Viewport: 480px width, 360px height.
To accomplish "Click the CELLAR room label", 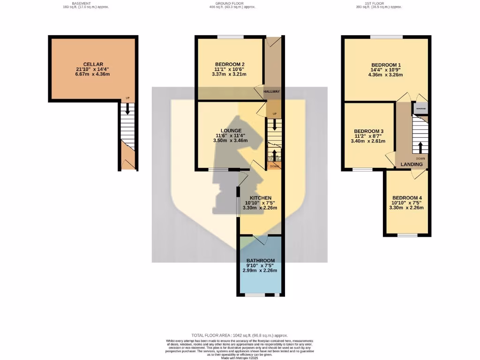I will [93, 64].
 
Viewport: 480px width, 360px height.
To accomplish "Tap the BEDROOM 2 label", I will [230, 64].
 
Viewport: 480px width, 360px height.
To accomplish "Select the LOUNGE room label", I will [231, 130].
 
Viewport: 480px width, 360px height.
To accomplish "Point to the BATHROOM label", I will [261, 261].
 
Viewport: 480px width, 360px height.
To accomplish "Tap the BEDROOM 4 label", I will [406, 197].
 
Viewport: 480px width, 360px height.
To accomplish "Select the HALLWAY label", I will [272, 91].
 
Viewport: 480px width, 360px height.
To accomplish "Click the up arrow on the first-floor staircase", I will [420, 147].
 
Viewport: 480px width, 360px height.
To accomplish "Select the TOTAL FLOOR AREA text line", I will [240, 336].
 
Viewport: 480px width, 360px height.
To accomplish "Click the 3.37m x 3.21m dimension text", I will [229, 75].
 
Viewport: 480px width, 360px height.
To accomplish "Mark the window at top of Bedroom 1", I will [386, 37].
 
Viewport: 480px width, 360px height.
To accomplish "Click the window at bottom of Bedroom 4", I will [407, 235].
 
